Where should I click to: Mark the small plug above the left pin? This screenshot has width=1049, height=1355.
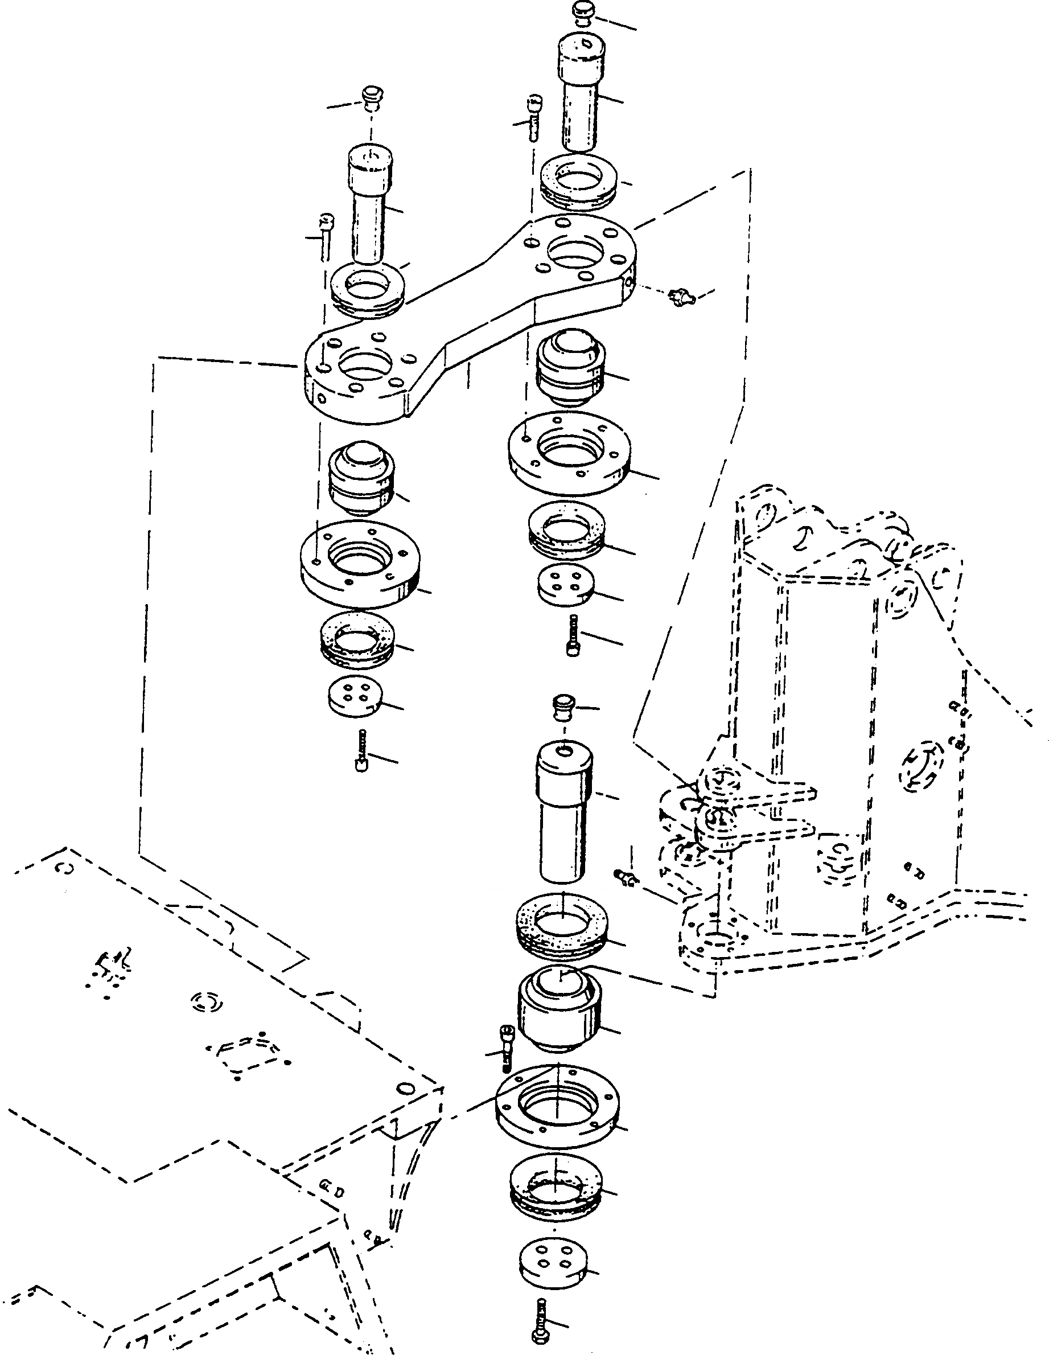pos(372,97)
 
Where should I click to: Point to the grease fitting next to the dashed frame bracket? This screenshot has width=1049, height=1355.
pos(625,876)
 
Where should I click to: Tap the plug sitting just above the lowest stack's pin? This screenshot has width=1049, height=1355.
pos(564,707)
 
